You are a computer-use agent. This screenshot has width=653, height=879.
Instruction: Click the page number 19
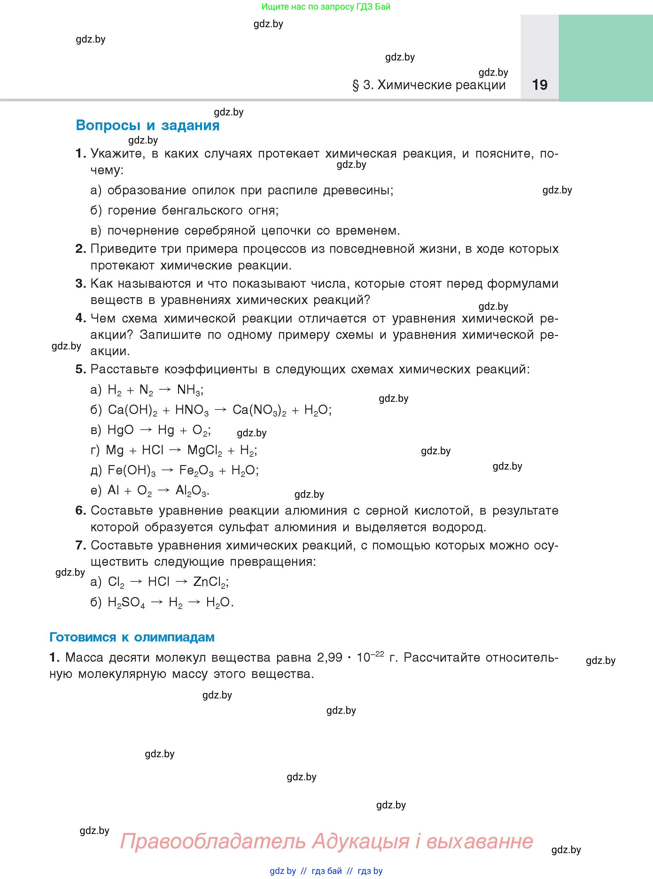point(540,85)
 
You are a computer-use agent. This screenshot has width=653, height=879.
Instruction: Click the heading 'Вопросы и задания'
point(147,125)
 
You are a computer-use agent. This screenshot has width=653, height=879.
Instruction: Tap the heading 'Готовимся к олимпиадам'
point(132,637)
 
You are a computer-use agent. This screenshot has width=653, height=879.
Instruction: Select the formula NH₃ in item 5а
point(189,390)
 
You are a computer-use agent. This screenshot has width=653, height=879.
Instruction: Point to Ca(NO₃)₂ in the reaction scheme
point(259,410)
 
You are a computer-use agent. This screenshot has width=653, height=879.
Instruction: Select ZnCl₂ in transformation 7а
point(210,582)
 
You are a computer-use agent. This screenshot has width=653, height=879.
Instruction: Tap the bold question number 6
point(80,511)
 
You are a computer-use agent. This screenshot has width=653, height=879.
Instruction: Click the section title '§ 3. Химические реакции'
point(429,85)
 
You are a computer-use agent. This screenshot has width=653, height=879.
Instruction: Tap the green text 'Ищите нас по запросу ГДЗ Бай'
point(326,7)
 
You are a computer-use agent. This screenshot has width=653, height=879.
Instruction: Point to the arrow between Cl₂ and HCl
point(136,582)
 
